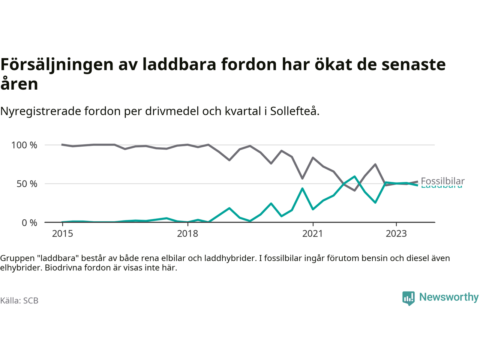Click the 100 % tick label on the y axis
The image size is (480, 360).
click(x=24, y=145)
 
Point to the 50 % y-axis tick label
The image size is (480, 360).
click(x=27, y=184)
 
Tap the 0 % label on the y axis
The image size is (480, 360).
click(x=29, y=223)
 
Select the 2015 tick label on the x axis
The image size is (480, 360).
click(x=63, y=234)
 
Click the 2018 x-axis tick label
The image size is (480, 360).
click(x=187, y=234)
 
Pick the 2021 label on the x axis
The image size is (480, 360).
click(x=312, y=234)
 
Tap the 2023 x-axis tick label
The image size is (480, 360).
click(x=396, y=234)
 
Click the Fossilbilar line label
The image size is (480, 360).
click(x=442, y=181)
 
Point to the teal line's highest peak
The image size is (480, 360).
click(x=354, y=176)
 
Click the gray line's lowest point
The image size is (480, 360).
click(x=354, y=190)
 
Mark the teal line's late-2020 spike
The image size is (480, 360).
click(x=302, y=188)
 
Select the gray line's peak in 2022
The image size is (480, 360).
click(x=375, y=164)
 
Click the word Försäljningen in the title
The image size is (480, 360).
click(x=57, y=64)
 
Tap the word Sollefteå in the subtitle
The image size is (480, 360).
click(x=294, y=111)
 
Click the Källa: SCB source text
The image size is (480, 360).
click(x=19, y=301)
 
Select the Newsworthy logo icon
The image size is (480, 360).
click(x=408, y=298)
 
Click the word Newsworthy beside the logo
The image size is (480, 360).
click(x=449, y=297)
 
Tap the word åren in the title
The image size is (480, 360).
click(x=19, y=84)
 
